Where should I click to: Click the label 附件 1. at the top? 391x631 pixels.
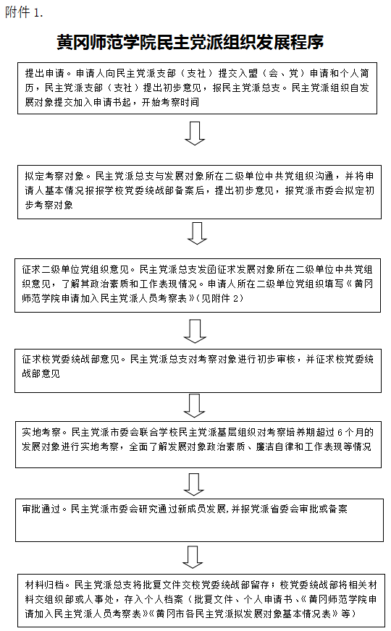pyautogui.click(x=24, y=12)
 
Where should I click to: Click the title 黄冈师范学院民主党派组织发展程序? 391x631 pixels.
pyautogui.click(x=190, y=42)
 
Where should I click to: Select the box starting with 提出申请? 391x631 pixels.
pyautogui.click(x=197, y=88)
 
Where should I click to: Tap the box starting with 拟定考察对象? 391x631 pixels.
pyautogui.click(x=199, y=192)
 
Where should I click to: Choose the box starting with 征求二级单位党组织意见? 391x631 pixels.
pyautogui.click(x=198, y=285)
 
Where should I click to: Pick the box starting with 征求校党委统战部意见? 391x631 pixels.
pyautogui.click(x=198, y=370)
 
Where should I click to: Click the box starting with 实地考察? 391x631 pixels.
pyautogui.click(x=198, y=444)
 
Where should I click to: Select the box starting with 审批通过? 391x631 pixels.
pyautogui.click(x=199, y=520)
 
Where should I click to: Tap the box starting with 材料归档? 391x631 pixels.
pyautogui.click(x=199, y=600)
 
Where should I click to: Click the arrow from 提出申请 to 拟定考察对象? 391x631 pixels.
pyautogui.click(x=195, y=133)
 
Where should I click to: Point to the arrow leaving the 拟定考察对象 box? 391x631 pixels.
pyautogui.click(x=197, y=233)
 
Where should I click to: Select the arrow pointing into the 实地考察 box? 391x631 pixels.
pyautogui.click(x=195, y=406)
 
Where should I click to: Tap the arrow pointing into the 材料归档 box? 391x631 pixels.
pyautogui.click(x=193, y=557)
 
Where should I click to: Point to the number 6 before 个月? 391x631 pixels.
pyautogui.click(x=340, y=433)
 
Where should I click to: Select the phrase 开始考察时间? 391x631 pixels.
pyautogui.click(x=170, y=102)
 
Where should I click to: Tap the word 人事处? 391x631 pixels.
pyautogui.click(x=99, y=599)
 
